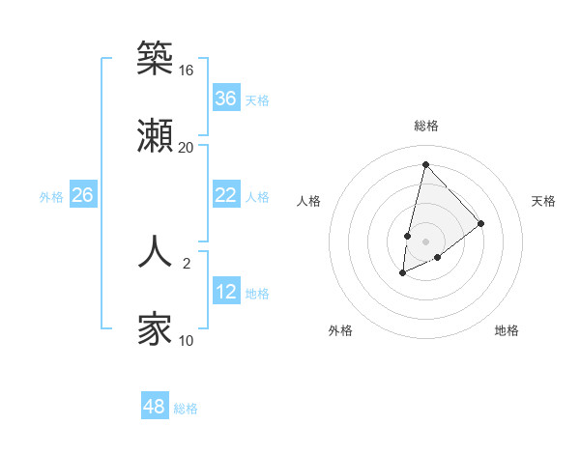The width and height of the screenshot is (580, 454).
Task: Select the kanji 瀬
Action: (x=156, y=134)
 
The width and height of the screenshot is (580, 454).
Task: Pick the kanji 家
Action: (x=156, y=328)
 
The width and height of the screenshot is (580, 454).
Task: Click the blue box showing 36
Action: (x=226, y=99)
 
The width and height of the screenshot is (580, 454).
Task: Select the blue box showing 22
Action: (x=226, y=195)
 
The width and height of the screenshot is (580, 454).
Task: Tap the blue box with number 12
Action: (x=226, y=292)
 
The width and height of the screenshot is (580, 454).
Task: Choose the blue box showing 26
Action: (x=83, y=195)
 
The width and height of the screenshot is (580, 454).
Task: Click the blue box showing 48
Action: (x=155, y=407)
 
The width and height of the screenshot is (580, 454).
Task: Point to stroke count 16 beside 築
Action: (x=187, y=71)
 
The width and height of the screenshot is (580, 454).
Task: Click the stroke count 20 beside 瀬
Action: (x=187, y=147)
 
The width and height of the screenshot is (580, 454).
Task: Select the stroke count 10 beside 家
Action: (x=187, y=340)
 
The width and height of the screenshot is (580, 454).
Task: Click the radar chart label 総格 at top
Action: (x=426, y=126)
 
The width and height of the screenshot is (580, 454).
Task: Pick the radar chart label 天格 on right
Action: (x=544, y=201)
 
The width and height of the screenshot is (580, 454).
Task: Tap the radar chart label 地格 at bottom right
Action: (x=507, y=330)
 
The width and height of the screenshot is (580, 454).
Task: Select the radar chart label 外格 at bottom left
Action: (x=340, y=330)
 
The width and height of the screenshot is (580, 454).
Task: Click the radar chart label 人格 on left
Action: (x=309, y=201)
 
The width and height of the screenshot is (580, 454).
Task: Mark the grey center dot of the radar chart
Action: (x=426, y=241)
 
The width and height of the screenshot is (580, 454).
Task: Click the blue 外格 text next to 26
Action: (x=51, y=196)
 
